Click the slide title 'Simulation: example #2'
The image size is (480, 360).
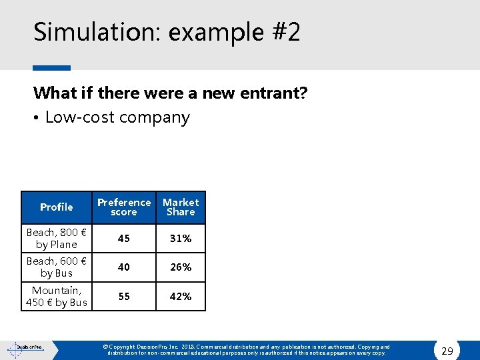(167, 32)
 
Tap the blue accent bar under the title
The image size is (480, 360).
(51, 67)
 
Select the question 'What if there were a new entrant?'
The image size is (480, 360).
(170, 93)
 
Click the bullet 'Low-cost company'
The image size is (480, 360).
(117, 117)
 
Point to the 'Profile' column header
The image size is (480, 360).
(57, 207)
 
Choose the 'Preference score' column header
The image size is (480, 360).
(124, 207)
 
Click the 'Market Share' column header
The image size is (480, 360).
(181, 207)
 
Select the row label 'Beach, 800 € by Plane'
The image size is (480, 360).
(57, 238)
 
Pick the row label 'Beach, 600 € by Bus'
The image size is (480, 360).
(57, 267)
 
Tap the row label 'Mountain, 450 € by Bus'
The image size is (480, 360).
(57, 296)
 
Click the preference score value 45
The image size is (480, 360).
(124, 238)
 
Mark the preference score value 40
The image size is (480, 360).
(124, 267)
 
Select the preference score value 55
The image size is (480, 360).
(124, 296)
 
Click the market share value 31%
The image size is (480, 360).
(181, 238)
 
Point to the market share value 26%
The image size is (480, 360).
(181, 267)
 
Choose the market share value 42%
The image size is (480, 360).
(181, 296)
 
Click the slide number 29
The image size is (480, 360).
(447, 351)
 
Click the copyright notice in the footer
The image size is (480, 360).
(247, 350)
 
